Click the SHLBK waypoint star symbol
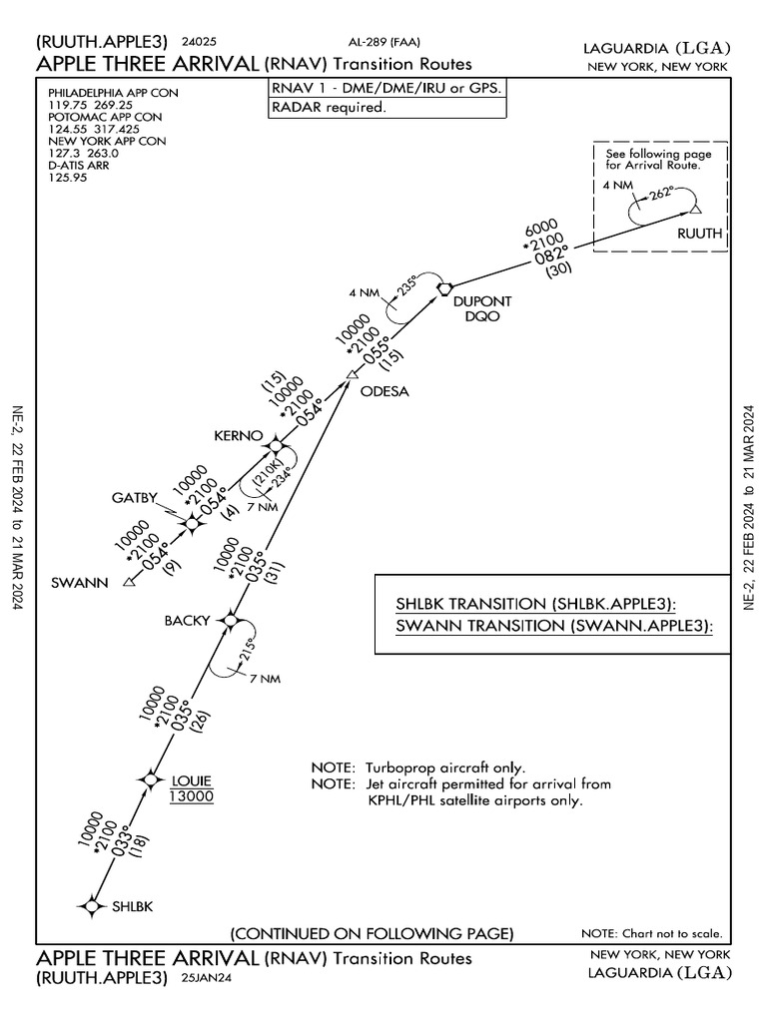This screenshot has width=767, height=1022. click(x=91, y=905)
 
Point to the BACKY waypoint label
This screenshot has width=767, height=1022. click(x=187, y=621)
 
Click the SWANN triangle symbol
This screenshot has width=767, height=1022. click(x=128, y=583)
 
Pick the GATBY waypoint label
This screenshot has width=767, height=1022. click(x=134, y=499)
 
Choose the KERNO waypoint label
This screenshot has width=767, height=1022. click(x=238, y=436)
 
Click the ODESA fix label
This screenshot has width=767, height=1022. click(x=384, y=391)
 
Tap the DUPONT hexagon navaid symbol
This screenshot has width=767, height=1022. click(x=445, y=288)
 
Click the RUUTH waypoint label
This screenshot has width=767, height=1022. click(x=699, y=234)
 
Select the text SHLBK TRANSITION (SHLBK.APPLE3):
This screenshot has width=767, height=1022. click(x=536, y=605)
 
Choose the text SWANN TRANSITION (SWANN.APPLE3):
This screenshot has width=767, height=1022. click(x=554, y=627)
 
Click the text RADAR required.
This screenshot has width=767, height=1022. click(x=330, y=109)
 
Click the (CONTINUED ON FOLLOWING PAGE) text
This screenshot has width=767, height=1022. click(x=372, y=934)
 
